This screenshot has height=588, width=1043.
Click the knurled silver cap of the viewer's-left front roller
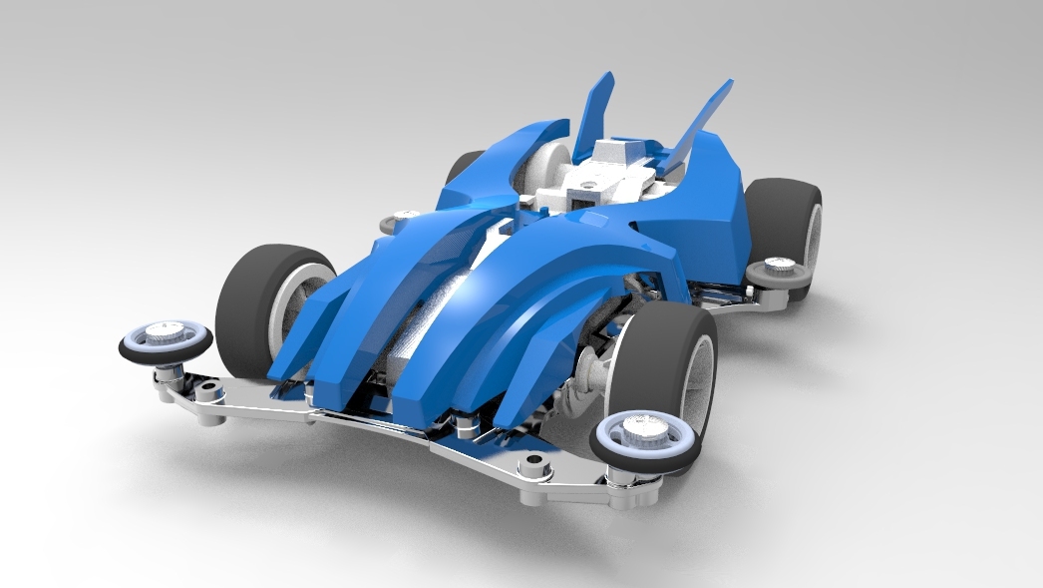168,330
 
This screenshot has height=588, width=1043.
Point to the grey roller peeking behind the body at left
405,215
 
